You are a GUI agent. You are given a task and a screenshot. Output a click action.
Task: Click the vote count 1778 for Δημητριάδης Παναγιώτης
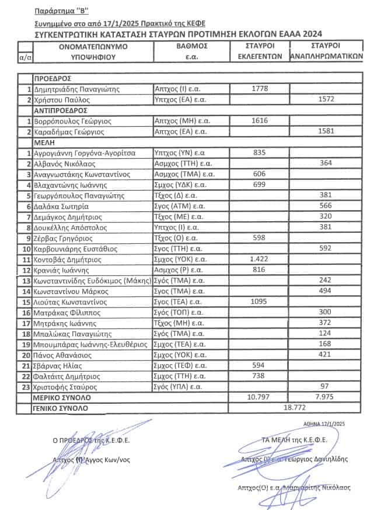pos(259,89)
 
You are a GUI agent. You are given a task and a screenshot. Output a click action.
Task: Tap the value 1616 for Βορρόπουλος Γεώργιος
pos(259,121)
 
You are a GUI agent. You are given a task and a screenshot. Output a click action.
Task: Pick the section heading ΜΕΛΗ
pos(44,142)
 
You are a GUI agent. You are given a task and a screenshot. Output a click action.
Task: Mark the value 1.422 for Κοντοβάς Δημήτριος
pos(259,259)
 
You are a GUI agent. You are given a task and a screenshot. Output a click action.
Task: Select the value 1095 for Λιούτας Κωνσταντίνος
pos(259,302)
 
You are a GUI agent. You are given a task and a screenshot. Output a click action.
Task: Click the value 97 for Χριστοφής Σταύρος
pos(326,387)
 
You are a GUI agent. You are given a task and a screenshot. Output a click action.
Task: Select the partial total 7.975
pos(326,397)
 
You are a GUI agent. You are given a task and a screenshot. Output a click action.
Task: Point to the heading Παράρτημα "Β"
pos(58,11)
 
